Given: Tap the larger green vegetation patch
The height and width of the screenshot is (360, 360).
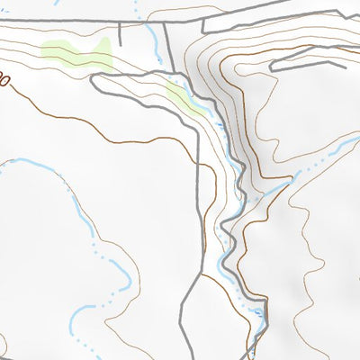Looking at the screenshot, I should click(76, 56).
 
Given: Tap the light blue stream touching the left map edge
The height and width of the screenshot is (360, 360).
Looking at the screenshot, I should click(18, 162).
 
